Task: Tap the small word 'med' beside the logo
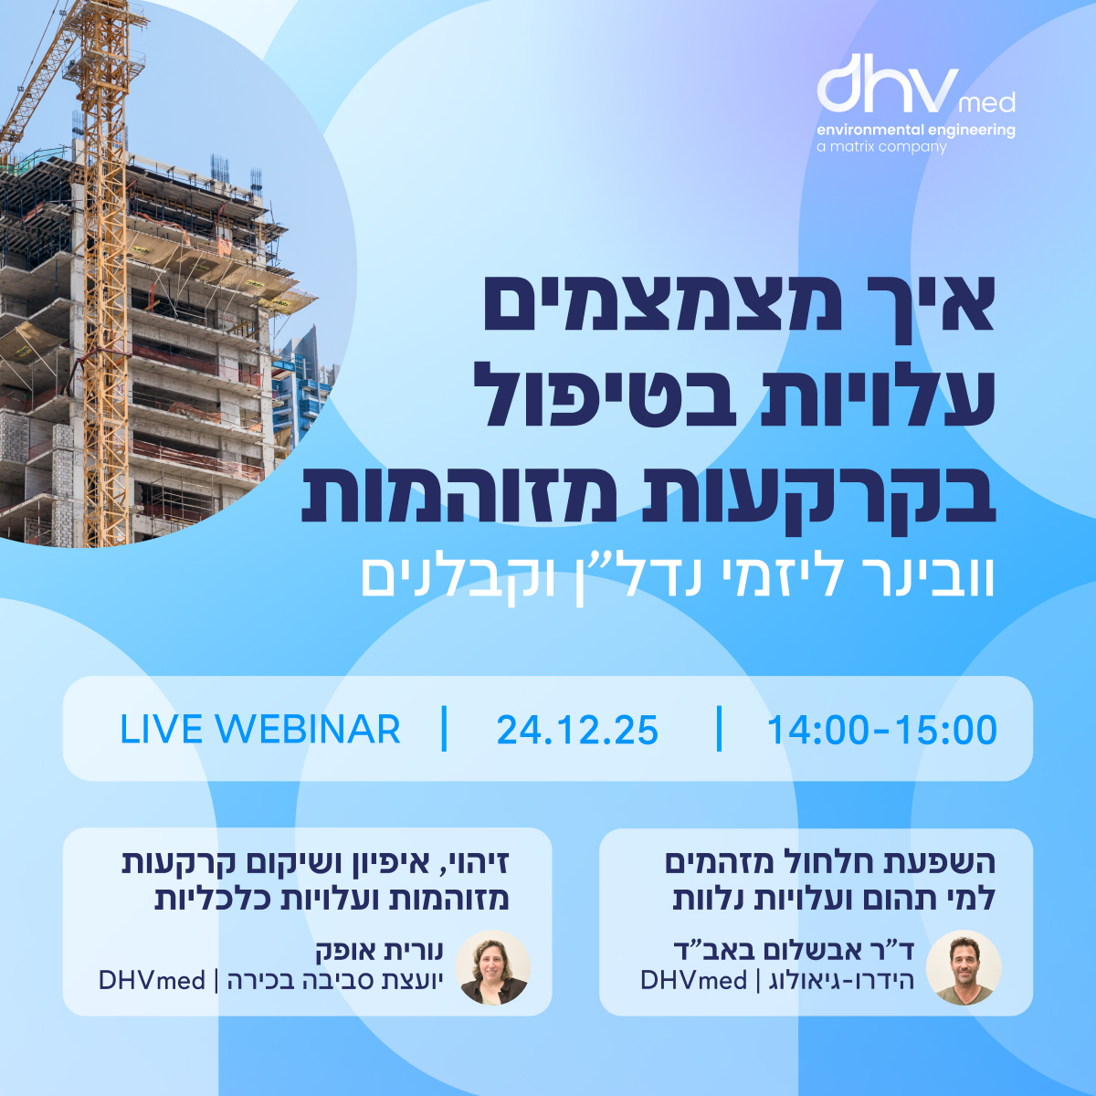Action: (x=987, y=103)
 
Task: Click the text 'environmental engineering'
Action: (x=916, y=131)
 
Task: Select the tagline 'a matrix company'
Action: (x=881, y=147)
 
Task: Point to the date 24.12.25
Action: (x=577, y=730)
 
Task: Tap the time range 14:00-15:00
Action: (x=881, y=730)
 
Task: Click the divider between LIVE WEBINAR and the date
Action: (x=444, y=729)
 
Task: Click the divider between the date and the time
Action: (x=720, y=729)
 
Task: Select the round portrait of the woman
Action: (x=492, y=967)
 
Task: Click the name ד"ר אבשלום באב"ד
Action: (x=794, y=949)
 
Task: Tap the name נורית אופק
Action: (x=379, y=950)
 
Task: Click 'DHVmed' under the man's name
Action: (x=693, y=981)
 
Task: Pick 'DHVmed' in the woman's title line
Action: (x=152, y=981)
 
